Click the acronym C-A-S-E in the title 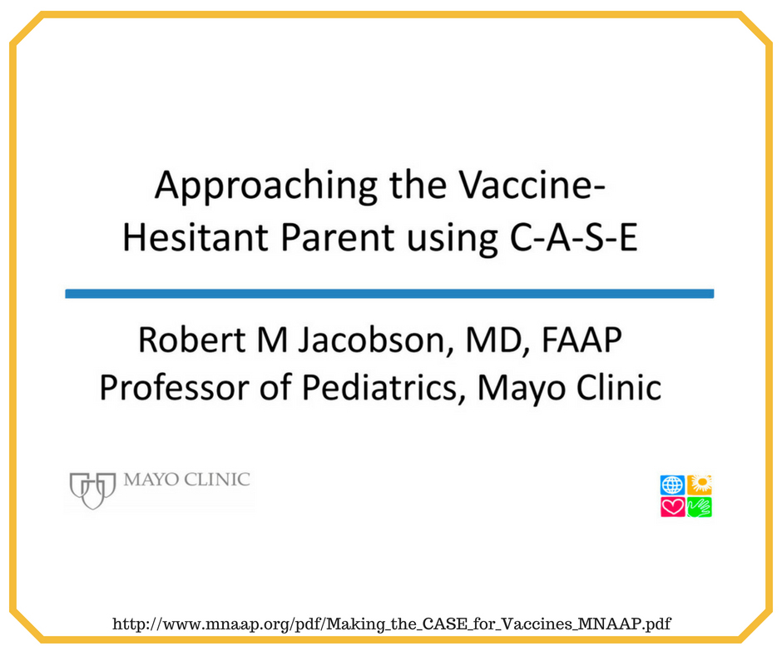574,236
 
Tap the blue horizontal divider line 389,294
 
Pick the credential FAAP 582,340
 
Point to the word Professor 174,387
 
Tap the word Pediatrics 380,387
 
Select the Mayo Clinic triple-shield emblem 93,490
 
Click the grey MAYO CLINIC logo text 186,480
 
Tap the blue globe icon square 672,485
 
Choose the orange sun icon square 699,485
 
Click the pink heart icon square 672,507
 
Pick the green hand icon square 699,507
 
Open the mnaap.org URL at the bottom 392,624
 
